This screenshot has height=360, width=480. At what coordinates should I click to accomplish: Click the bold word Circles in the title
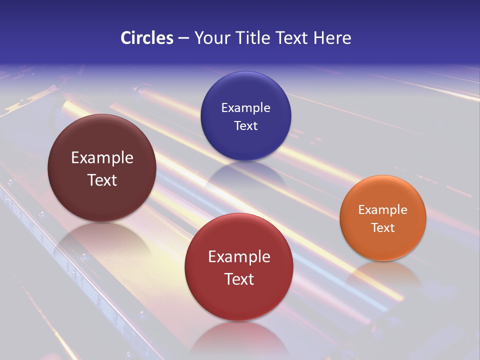[x=146, y=38]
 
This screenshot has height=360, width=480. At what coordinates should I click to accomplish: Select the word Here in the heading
[x=332, y=38]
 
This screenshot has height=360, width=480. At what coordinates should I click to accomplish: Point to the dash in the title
[x=183, y=38]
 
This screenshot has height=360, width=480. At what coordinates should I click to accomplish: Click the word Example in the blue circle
[x=245, y=108]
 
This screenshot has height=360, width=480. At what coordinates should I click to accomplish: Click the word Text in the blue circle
[x=245, y=126]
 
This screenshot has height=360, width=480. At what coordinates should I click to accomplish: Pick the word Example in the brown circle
[x=102, y=158]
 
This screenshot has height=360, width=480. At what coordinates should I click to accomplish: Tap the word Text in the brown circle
[x=102, y=180]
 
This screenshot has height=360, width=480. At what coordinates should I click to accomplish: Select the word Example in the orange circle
[x=382, y=210]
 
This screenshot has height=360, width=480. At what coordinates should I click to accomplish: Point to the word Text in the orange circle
[x=382, y=228]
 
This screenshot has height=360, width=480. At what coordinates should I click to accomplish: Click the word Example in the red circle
[x=239, y=257]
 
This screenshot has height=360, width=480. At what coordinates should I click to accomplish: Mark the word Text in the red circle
[x=239, y=279]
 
